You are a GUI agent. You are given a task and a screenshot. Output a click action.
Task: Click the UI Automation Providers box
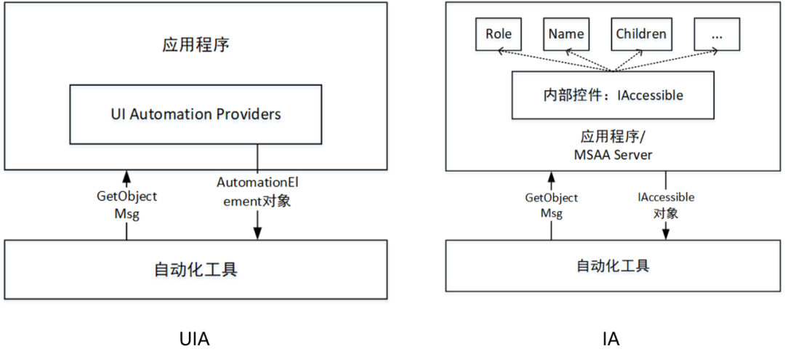click(x=196, y=114)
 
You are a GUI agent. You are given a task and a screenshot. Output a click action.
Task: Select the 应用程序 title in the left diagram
click(x=196, y=45)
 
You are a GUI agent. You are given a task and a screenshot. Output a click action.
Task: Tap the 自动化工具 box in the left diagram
click(x=196, y=269)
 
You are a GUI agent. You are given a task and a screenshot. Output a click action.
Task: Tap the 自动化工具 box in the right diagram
click(x=612, y=265)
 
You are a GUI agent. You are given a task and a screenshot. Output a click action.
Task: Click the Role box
click(x=499, y=34)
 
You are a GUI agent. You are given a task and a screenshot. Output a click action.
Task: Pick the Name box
click(x=566, y=34)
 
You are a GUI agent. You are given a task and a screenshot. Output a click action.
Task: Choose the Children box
click(x=640, y=34)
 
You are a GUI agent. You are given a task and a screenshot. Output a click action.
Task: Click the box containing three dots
click(x=716, y=34)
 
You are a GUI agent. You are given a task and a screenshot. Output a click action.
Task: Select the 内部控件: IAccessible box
click(x=613, y=95)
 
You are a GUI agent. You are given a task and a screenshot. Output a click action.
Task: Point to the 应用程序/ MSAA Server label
click(x=613, y=145)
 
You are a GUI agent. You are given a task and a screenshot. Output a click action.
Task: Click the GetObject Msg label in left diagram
click(x=126, y=204)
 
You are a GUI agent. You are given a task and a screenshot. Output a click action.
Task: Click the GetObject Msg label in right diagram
click(x=551, y=205)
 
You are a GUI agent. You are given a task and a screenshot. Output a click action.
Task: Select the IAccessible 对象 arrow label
click(x=666, y=205)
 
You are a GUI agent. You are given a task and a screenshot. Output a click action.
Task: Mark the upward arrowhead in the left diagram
click(x=126, y=176)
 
